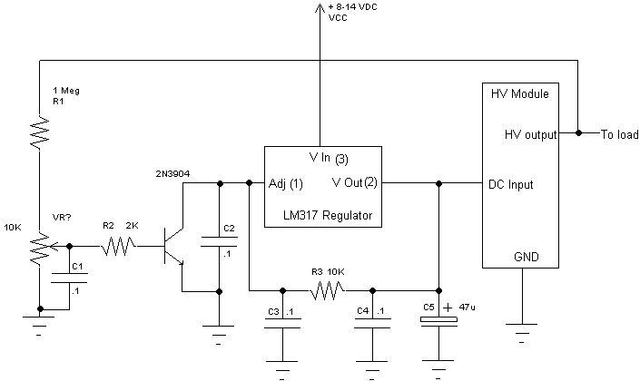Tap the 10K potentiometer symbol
point(39,246)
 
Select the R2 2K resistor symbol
point(119,245)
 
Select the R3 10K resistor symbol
point(327,291)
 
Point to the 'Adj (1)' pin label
point(286,184)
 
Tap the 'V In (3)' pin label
point(329,158)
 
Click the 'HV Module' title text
point(519,94)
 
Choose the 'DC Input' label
point(510,184)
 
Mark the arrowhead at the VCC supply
point(318,8)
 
